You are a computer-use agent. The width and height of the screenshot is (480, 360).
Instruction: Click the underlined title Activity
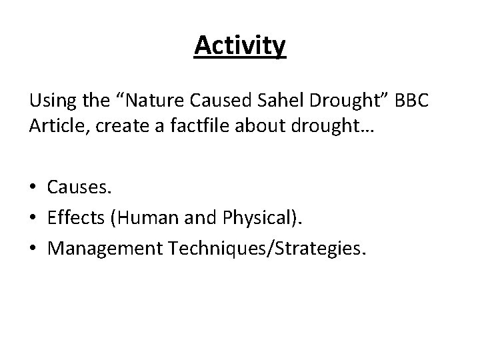coord(240,47)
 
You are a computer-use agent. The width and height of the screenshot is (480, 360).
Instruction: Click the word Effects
coord(75,216)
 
